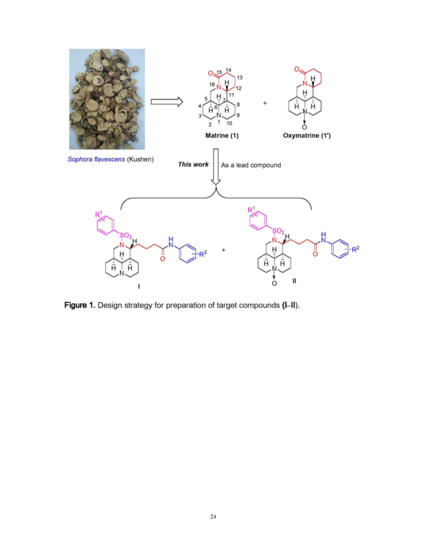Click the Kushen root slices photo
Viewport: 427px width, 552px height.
[x=107, y=99]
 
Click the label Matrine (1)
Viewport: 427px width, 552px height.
[x=222, y=135]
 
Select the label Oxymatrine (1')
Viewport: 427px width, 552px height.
[x=307, y=135]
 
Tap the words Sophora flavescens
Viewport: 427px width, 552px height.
[x=96, y=159]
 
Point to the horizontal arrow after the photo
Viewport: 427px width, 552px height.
[x=167, y=102]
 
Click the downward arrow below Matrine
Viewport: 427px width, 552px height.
[x=216, y=167]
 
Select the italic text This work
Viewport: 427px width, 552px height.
[x=193, y=165]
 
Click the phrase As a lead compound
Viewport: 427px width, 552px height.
[x=251, y=165]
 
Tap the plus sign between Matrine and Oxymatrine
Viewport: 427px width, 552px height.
[x=265, y=103]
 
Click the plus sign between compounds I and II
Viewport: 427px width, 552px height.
[x=223, y=250]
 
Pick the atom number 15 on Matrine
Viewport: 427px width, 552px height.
[x=219, y=72]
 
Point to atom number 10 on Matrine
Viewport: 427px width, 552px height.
[x=229, y=123]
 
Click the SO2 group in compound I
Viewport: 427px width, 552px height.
[x=125, y=235]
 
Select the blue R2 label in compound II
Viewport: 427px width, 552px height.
[x=355, y=249]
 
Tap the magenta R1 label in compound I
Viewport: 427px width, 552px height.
[x=99, y=214]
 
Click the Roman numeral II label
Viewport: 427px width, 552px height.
[x=294, y=281]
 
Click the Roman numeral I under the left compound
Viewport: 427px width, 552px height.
[x=139, y=286]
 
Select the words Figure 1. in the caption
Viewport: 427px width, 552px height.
[x=80, y=305]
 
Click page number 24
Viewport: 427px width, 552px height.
[x=213, y=517]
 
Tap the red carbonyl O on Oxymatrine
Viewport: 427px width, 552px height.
[x=297, y=70]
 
